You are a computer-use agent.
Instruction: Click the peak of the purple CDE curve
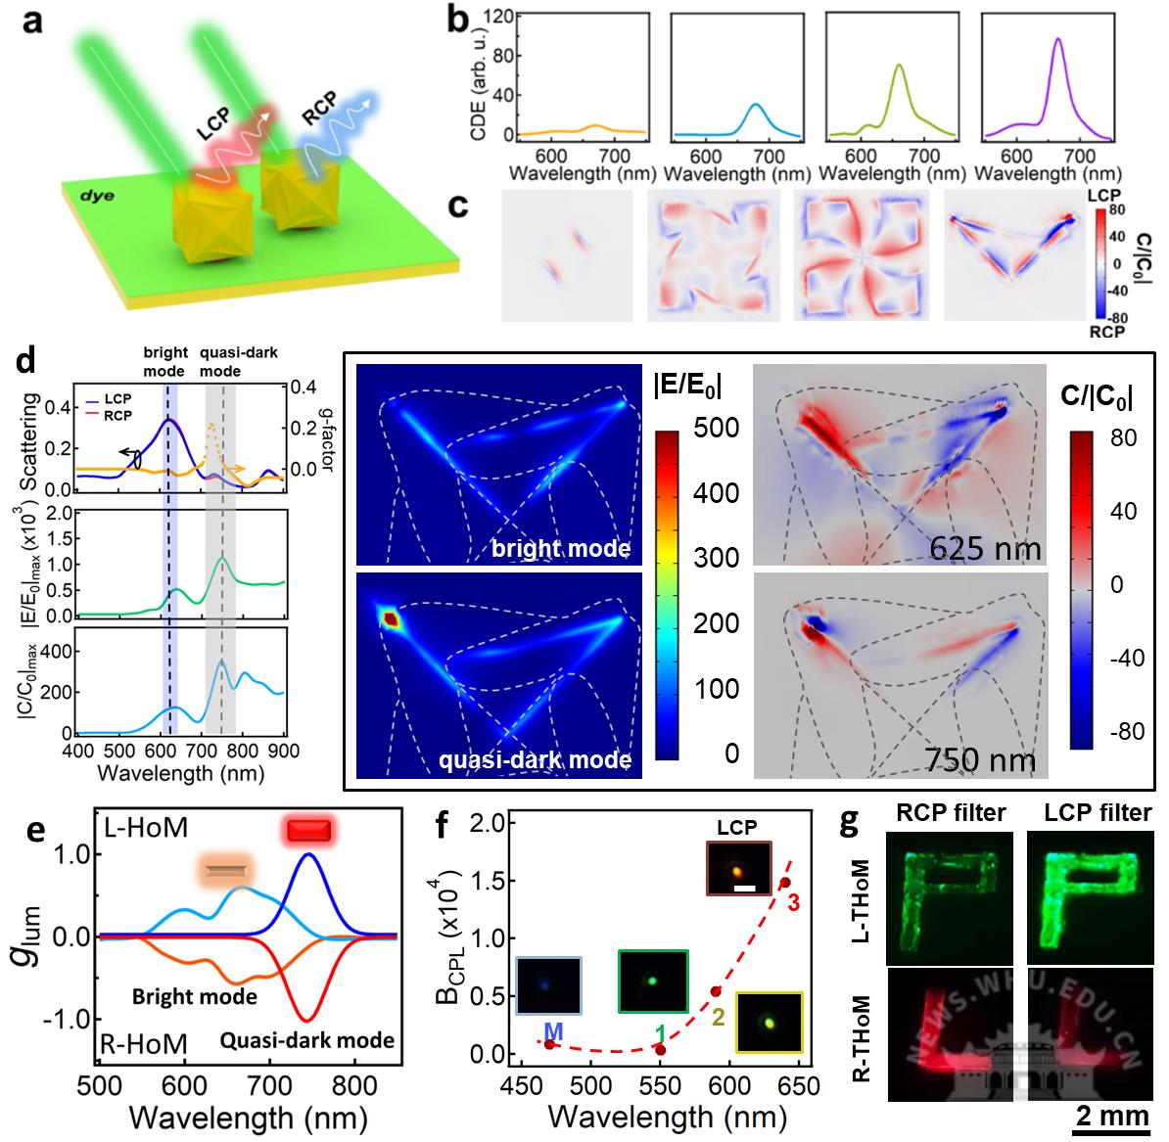point(1057,39)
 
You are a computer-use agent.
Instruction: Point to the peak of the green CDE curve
point(898,66)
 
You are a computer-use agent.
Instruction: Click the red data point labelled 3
point(785,883)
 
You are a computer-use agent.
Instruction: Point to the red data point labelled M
point(550,1044)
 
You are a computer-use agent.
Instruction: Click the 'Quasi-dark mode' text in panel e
point(307,1039)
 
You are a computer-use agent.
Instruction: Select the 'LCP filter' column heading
point(1090,812)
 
